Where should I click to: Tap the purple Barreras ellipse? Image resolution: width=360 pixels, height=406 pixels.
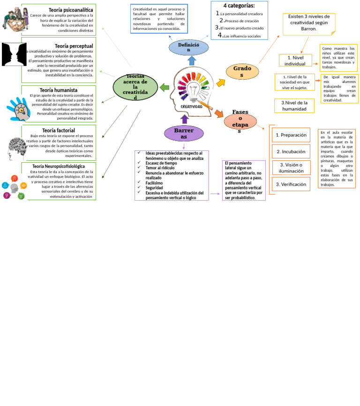(184, 133)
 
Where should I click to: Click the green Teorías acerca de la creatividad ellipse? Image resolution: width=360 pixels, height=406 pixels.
(135, 87)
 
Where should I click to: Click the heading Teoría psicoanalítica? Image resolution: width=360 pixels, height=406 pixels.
(71, 10)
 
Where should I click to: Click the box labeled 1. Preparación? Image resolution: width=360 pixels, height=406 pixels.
(291, 135)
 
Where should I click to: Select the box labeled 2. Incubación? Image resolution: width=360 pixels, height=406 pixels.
(291, 151)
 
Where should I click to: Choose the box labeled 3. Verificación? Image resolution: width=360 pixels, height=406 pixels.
(291, 184)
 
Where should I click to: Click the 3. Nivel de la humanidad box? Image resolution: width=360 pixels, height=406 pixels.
(294, 106)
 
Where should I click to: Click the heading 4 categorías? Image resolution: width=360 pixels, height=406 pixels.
(239, 6)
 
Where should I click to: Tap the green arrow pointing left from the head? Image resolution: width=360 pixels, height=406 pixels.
(164, 87)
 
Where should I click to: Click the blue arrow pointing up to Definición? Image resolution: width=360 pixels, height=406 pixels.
(192, 60)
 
